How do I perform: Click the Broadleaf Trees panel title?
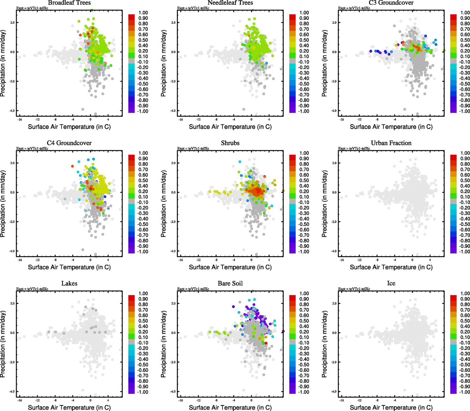69,3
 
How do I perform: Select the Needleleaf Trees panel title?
230,3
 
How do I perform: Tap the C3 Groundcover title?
391,3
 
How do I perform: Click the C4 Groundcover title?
69,143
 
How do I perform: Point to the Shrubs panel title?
230,143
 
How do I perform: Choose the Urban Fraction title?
391,143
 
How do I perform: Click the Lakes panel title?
69,283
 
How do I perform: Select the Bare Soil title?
230,283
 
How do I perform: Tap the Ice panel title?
391,283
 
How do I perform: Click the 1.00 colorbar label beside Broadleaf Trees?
143,13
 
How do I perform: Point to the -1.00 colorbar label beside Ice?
464,392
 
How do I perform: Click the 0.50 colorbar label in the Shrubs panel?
304,180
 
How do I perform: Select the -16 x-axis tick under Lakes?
20,400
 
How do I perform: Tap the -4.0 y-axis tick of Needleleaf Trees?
173,111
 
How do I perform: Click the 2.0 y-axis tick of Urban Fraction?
334,163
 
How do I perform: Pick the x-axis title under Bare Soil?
230,408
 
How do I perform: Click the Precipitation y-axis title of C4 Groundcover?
3,204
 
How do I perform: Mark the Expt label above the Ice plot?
354,289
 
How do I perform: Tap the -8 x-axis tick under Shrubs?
216,260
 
